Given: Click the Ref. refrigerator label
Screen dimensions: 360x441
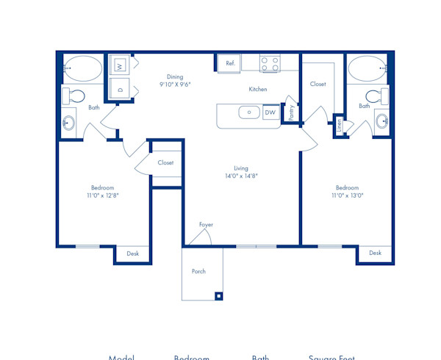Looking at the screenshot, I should pyautogui.click(x=230, y=64).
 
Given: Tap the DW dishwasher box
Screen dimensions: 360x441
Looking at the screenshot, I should pyautogui.click(x=270, y=112).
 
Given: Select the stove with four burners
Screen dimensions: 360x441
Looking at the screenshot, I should pyautogui.click(x=269, y=64).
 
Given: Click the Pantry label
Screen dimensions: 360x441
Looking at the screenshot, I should pyautogui.click(x=292, y=112).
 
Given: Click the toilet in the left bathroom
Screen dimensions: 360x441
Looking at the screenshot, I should pyautogui.click(x=74, y=95).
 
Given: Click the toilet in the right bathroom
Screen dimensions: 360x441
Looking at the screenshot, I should pyautogui.click(x=375, y=95).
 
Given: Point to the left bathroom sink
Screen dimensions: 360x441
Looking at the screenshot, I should pyautogui.click(x=71, y=123).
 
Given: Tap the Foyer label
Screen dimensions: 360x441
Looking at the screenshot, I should pyautogui.click(x=206, y=224).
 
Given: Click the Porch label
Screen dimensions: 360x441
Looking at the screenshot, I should pyautogui.click(x=198, y=271).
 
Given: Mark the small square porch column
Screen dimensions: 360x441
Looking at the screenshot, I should pyautogui.click(x=218, y=296).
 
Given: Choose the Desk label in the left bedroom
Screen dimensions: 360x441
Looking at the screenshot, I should pyautogui.click(x=132, y=253).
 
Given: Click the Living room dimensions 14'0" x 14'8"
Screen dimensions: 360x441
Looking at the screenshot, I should pyautogui.click(x=241, y=176).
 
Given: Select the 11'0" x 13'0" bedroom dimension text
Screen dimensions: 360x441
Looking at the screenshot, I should pyautogui.click(x=347, y=195).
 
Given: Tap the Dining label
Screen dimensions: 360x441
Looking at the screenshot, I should pyautogui.click(x=174, y=76).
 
